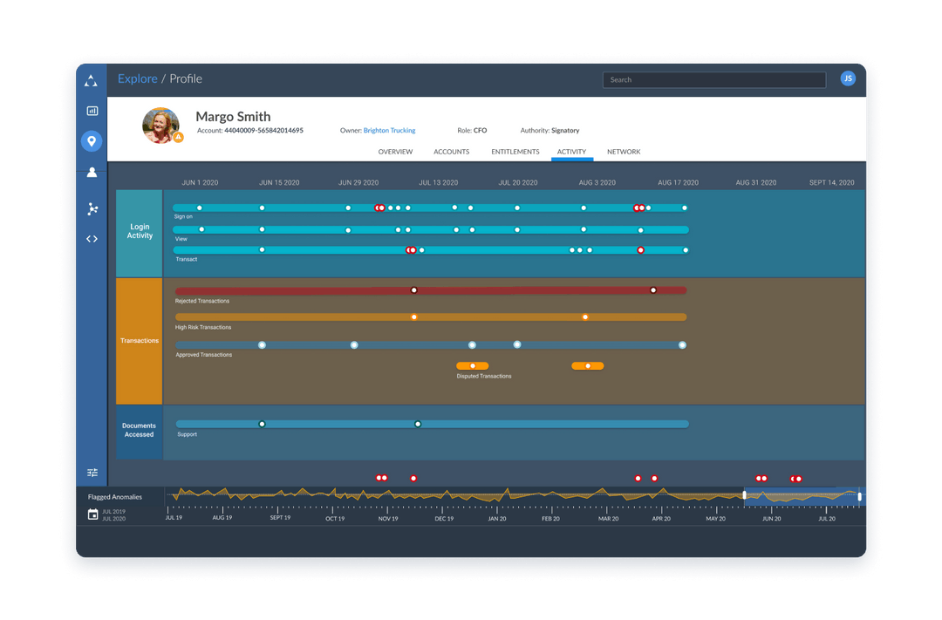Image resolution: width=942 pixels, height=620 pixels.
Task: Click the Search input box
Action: click(x=713, y=79)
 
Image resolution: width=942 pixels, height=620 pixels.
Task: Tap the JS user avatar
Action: click(x=847, y=78)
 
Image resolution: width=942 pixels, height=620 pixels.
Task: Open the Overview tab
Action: click(x=395, y=152)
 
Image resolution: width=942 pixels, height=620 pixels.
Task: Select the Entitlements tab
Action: click(x=515, y=152)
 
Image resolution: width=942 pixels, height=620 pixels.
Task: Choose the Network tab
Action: click(x=624, y=152)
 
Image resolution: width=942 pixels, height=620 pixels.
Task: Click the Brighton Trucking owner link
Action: click(x=389, y=131)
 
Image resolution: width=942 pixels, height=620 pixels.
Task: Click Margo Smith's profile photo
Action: click(x=160, y=125)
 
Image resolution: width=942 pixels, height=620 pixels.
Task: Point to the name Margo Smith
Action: click(x=233, y=116)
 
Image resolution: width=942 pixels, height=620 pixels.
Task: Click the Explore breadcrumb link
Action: click(x=138, y=78)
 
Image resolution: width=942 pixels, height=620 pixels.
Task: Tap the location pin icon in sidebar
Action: click(x=92, y=141)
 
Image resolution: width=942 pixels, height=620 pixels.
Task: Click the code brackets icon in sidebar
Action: click(x=92, y=238)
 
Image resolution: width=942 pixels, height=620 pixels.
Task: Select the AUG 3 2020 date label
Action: click(x=597, y=183)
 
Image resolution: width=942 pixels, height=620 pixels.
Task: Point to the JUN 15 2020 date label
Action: click(x=279, y=183)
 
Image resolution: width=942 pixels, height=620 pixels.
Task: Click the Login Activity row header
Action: click(x=140, y=232)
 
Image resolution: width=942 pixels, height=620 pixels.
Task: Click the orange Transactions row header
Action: click(x=140, y=341)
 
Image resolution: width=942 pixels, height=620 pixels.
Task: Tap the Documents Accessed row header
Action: click(x=140, y=431)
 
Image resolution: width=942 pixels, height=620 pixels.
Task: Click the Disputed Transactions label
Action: click(x=484, y=377)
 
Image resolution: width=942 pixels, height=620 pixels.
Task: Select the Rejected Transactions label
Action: click(x=202, y=301)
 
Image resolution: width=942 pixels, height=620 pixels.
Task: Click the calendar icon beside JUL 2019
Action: click(x=93, y=514)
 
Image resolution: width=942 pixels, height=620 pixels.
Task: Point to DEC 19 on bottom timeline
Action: click(x=444, y=519)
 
